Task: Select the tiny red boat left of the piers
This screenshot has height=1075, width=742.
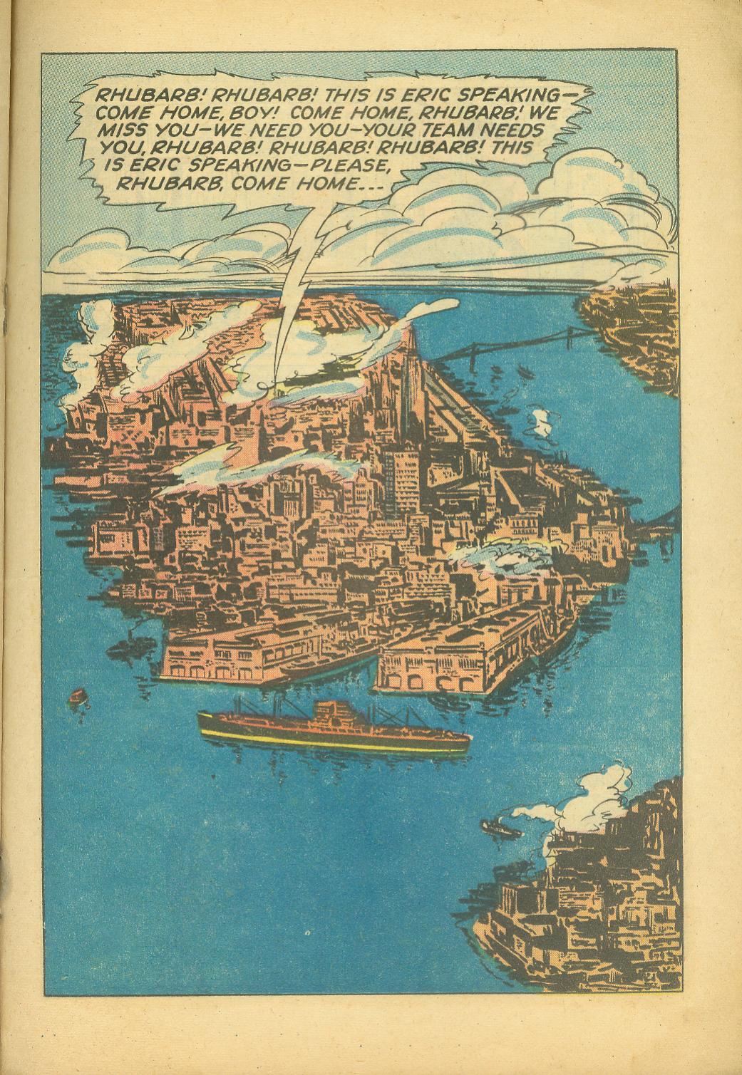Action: pos(77,696)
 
